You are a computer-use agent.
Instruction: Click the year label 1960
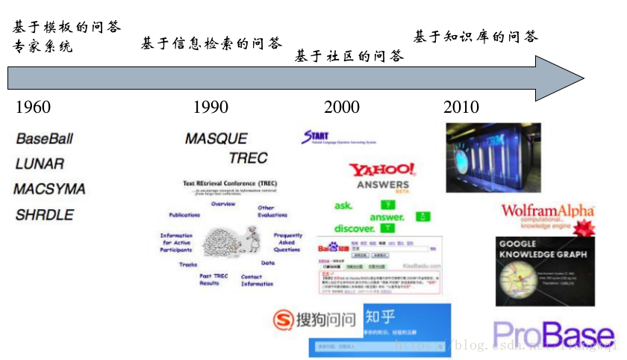point(33,108)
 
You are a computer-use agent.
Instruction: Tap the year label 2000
point(341,108)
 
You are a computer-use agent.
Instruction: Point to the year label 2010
point(461,108)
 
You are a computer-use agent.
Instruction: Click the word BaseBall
point(45,139)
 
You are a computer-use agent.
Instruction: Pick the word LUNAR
point(40,164)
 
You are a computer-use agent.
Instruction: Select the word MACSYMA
point(49,189)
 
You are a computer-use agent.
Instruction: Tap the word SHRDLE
point(45,215)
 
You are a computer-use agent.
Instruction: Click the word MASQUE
point(216,139)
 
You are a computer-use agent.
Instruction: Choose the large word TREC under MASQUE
point(248,158)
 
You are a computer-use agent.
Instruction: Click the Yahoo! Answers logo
point(382,176)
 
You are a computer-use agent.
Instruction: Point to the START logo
point(316,137)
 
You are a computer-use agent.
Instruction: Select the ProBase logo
point(553,336)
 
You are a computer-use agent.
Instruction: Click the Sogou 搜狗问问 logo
point(313,320)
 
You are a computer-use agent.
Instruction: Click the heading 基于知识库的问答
point(475,37)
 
